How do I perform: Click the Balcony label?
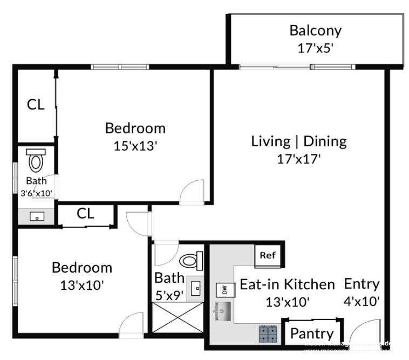pos(315,30)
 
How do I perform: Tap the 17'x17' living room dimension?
pos(298,159)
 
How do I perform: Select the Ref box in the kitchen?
pos(267,255)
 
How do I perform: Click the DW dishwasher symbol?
pos(223,290)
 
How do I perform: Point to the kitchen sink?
pos(222,311)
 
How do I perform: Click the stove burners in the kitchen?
pos(268,334)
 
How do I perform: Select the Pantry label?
pos(312,334)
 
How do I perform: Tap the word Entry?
pos(362,284)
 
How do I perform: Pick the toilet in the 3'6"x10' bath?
pos(36,161)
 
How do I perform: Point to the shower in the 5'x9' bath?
pos(177,317)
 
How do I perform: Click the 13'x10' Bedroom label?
pos(82,267)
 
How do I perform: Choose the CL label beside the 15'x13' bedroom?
pos(36,105)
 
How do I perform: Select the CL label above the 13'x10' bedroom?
pos(85,214)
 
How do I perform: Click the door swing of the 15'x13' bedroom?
pos(193,193)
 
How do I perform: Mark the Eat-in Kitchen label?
pos(287,284)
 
